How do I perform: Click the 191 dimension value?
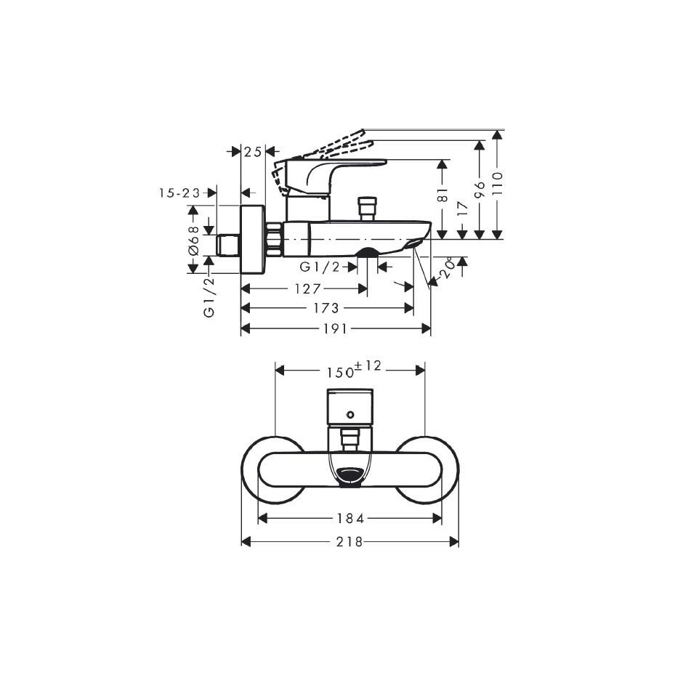(336, 328)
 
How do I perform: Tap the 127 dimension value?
(308, 288)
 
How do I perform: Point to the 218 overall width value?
(349, 541)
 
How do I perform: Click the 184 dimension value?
(351, 518)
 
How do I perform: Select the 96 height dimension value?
(479, 190)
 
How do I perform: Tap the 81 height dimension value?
(442, 195)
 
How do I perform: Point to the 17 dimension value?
(463, 209)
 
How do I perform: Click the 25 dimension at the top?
(253, 152)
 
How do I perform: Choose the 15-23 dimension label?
(179, 193)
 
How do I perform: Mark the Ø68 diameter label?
(193, 240)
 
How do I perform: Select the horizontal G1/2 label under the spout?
(320, 267)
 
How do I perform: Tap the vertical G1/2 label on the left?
(209, 297)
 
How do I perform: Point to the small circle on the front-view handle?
(349, 414)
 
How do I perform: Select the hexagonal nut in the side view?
(275, 239)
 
